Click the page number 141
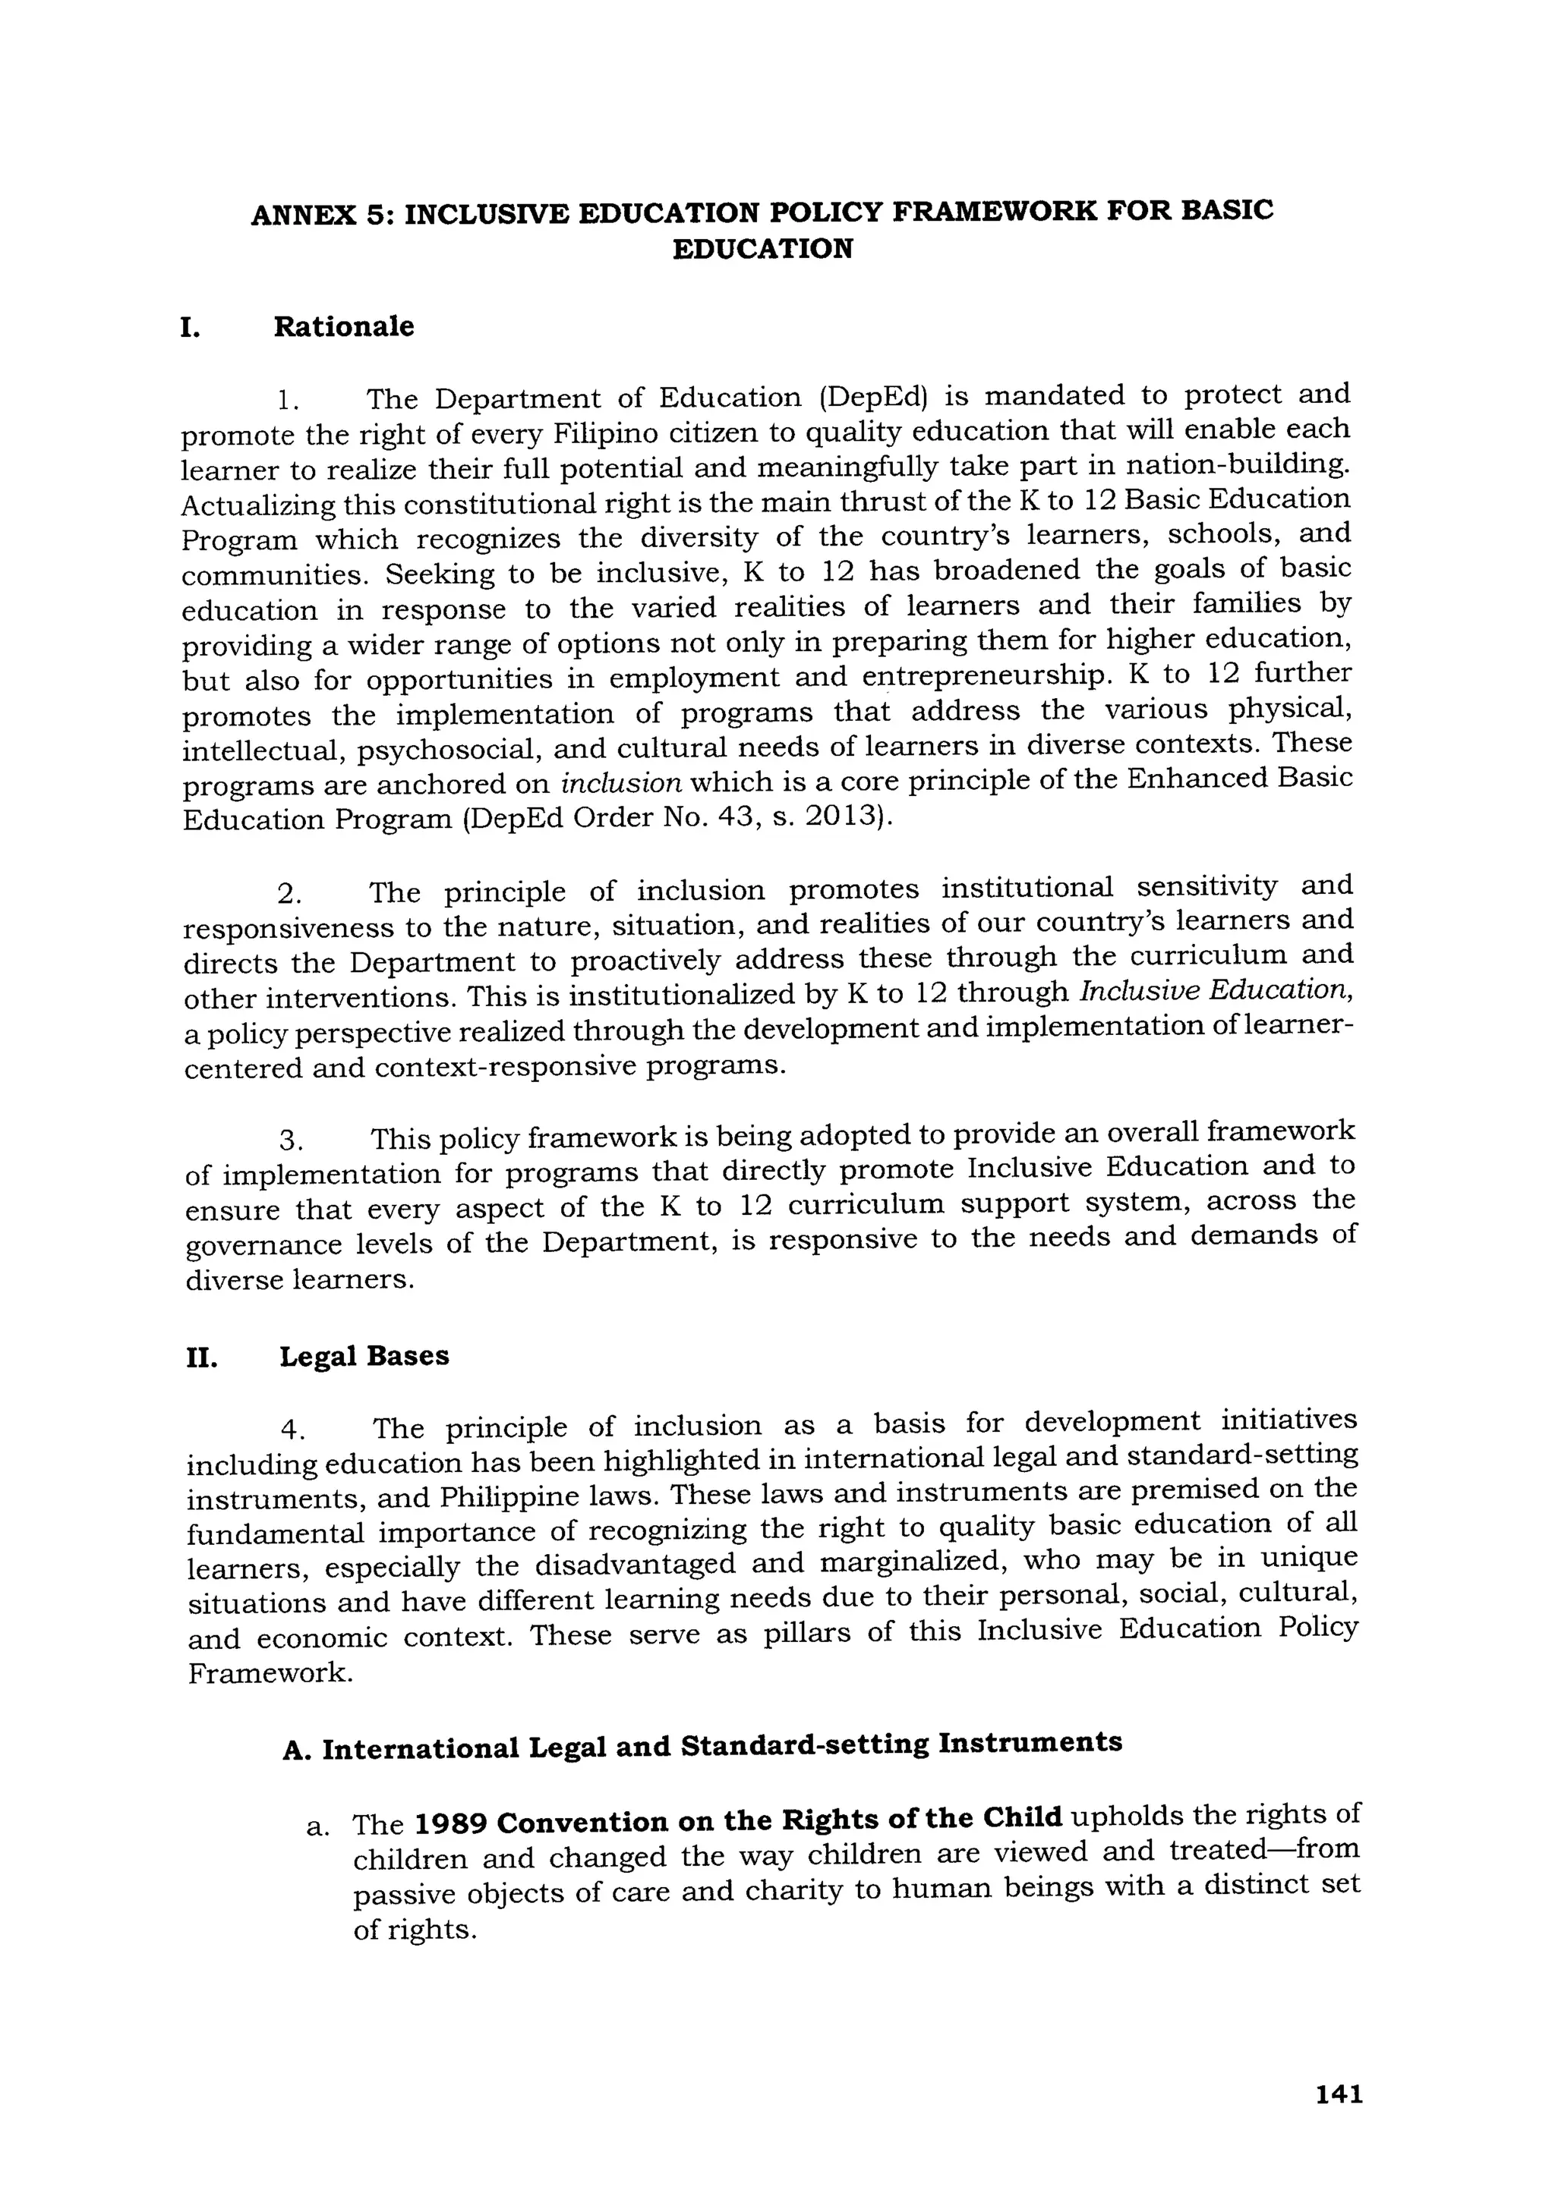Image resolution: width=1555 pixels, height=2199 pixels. (1339, 2094)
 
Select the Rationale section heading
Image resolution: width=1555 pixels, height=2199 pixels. (344, 328)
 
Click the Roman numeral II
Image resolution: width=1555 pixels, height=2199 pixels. (201, 1358)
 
